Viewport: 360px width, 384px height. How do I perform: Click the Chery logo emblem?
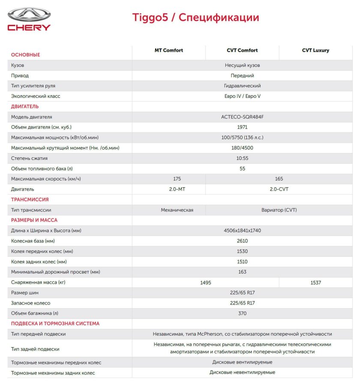tap(29, 15)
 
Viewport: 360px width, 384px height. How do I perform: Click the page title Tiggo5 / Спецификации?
tap(195, 18)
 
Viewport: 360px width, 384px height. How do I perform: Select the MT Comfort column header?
tap(168, 51)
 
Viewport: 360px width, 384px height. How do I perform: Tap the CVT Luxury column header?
tap(315, 51)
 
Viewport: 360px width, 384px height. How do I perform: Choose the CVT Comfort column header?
tap(242, 51)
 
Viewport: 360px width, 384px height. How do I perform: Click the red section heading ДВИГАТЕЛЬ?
tap(25, 106)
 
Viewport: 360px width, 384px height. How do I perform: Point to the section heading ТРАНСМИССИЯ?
tap(30, 199)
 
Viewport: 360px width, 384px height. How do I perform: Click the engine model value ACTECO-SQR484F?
tap(242, 117)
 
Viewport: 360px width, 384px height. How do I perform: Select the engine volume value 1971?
tap(242, 127)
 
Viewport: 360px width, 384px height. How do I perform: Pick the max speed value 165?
tap(279, 179)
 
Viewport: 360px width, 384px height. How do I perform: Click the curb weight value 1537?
tap(315, 282)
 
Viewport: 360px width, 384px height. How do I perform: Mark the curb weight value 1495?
tap(206, 282)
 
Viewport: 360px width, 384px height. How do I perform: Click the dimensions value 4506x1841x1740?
tap(242, 231)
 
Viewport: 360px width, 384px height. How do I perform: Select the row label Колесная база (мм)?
tap(33, 241)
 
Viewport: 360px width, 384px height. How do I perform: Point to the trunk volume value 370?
tap(242, 313)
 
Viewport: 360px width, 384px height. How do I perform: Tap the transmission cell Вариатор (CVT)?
tap(279, 210)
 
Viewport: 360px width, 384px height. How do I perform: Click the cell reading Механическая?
tap(177, 210)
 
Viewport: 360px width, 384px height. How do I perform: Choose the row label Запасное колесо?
tap(30, 303)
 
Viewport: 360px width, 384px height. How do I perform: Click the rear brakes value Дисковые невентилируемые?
tap(242, 372)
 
